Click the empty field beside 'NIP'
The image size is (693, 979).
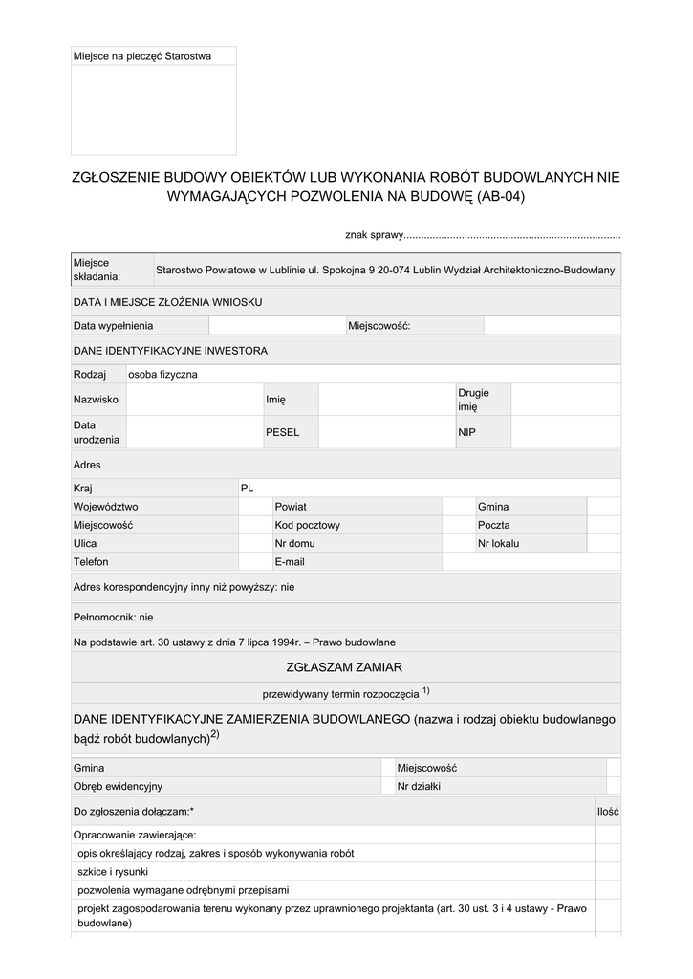pyautogui.click(x=565, y=432)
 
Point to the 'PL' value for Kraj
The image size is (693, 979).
pyautogui.click(x=248, y=488)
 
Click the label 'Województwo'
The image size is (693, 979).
pyautogui.click(x=106, y=507)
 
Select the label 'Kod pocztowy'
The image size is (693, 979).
pyautogui.click(x=307, y=525)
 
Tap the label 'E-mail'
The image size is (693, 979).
pyautogui.click(x=289, y=562)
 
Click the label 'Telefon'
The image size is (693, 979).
pyautogui.click(x=91, y=562)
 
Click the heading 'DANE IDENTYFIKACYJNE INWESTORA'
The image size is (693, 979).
pyautogui.click(x=170, y=351)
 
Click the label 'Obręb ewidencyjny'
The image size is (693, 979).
pyautogui.click(x=118, y=786)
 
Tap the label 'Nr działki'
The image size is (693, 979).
pyautogui.click(x=421, y=786)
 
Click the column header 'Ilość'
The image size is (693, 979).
pyautogui.click(x=608, y=811)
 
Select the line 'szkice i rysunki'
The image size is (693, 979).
pyautogui.click(x=113, y=871)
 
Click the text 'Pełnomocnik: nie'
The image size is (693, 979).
pyautogui.click(x=114, y=618)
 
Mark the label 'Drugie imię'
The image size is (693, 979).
pyautogui.click(x=473, y=400)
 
